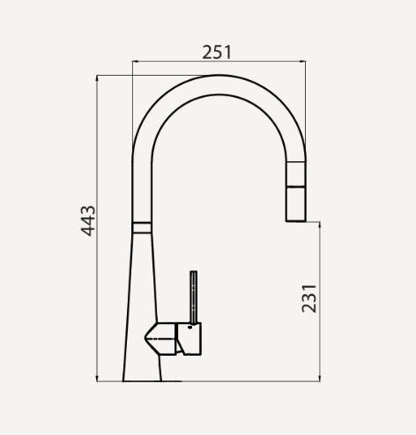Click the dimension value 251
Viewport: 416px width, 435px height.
(217, 51)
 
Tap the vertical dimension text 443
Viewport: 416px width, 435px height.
(88, 220)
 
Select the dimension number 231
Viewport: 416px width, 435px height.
(308, 299)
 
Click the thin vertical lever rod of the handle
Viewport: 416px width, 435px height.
(192, 296)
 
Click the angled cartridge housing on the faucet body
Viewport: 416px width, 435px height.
(161, 338)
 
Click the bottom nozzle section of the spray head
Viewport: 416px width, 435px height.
(294, 204)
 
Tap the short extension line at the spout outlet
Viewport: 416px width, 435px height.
(313, 221)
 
